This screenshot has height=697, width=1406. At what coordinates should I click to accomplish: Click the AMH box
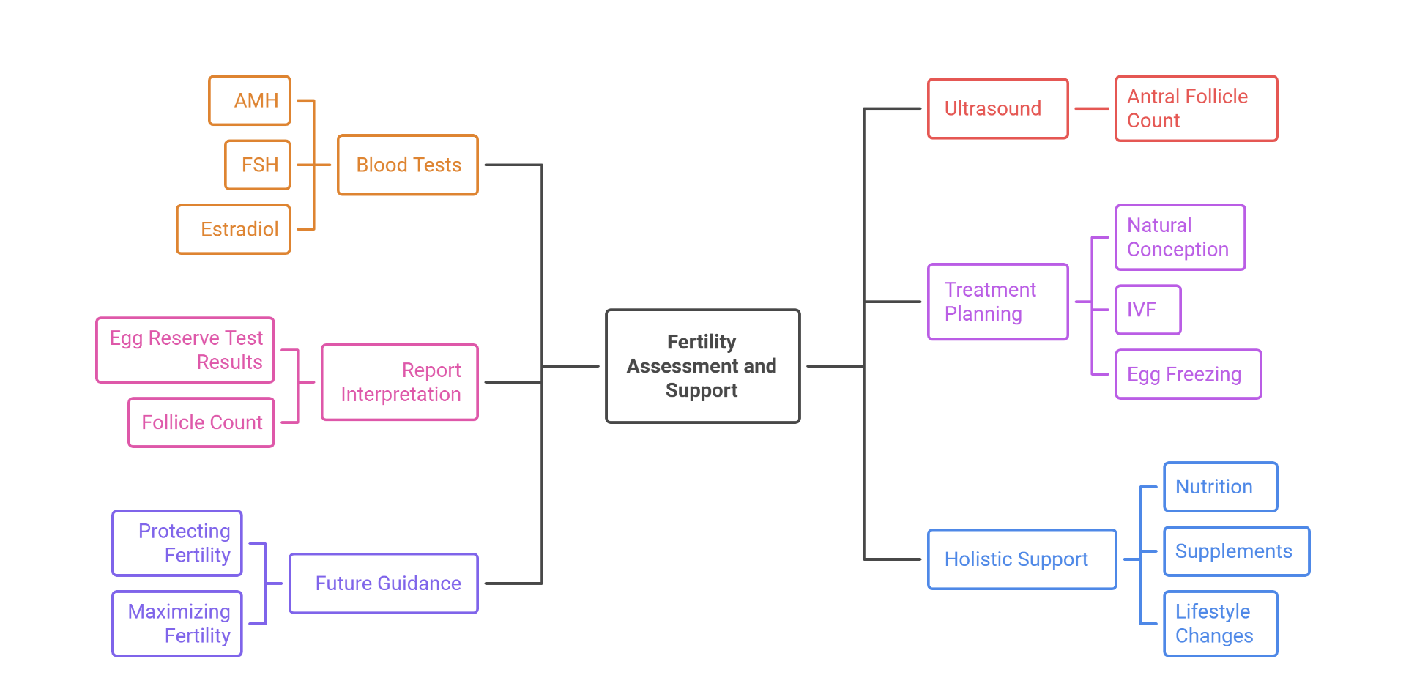tap(250, 101)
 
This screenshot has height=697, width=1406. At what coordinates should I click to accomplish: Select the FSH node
tap(258, 165)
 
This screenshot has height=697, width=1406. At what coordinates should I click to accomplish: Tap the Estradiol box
tap(234, 229)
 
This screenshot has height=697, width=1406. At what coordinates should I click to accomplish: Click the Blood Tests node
tap(408, 165)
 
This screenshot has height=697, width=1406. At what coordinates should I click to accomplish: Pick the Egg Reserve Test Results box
tap(185, 350)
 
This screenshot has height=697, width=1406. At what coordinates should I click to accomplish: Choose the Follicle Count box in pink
tap(201, 422)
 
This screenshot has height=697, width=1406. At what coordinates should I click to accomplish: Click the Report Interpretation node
tap(400, 382)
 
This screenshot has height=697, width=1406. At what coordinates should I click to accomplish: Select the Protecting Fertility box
tap(177, 543)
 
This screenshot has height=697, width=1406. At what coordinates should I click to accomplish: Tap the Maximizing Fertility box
tap(177, 624)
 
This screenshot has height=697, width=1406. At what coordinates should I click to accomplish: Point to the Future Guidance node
tap(384, 584)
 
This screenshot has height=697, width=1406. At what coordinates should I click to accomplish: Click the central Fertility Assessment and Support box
tap(702, 366)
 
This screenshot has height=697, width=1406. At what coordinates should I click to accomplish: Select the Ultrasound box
tap(997, 109)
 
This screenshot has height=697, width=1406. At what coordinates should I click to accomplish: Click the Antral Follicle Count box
tap(1196, 109)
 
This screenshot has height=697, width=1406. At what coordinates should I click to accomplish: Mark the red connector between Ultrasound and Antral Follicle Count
tap(1092, 109)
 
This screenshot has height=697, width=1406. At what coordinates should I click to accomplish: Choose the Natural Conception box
tap(1180, 237)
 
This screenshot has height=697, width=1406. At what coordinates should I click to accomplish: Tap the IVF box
tap(1148, 310)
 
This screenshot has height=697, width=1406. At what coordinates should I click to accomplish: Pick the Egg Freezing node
tap(1188, 374)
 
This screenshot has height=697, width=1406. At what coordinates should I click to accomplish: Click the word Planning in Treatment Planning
tap(983, 314)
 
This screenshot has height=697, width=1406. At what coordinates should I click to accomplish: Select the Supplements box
tap(1236, 551)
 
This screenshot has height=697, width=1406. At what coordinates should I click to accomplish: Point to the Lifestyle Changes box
tap(1220, 624)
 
